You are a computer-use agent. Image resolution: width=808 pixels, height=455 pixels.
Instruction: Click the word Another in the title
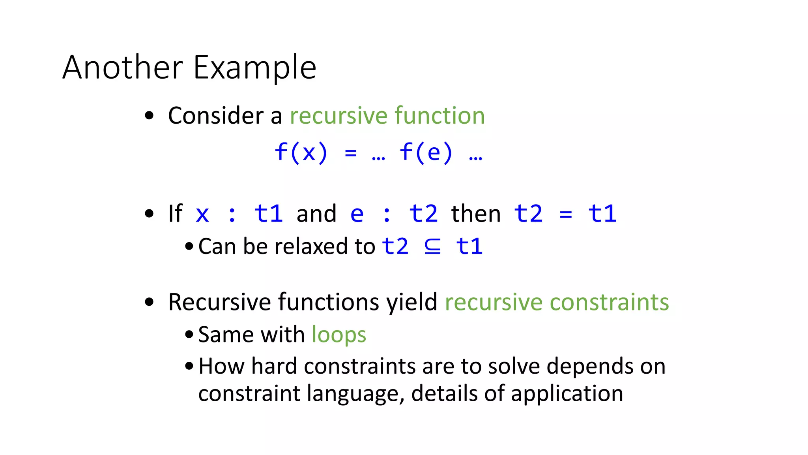[x=123, y=68]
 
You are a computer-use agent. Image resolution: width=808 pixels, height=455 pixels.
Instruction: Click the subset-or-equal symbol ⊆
[x=432, y=246]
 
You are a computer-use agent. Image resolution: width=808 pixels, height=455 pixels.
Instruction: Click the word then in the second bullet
[x=476, y=214]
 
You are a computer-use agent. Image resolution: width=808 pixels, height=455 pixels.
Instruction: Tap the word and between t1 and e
[x=316, y=214]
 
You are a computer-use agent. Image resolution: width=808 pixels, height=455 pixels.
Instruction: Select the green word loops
[x=339, y=335]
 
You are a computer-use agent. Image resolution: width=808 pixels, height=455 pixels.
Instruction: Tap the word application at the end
[x=567, y=394]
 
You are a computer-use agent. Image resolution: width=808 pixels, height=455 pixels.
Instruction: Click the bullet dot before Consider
[x=149, y=116]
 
